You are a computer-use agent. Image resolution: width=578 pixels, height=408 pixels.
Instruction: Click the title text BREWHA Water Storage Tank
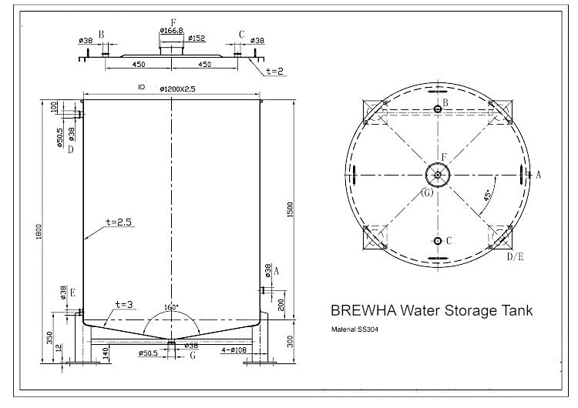point(431,312)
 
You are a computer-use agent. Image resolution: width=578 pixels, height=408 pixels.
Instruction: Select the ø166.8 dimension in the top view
point(170,30)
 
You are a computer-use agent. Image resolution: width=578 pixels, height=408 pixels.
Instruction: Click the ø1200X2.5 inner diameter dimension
point(178,89)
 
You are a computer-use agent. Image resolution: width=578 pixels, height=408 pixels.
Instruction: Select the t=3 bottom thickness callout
point(125,304)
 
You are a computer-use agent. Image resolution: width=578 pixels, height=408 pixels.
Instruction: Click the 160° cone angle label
point(171,306)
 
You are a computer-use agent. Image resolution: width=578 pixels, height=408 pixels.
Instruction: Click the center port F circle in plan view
point(438,175)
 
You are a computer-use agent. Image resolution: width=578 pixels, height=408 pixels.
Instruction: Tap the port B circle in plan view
point(438,109)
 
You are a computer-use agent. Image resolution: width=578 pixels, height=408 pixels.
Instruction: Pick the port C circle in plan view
point(438,241)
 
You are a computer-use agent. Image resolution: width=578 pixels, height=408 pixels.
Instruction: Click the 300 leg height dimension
point(290,339)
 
